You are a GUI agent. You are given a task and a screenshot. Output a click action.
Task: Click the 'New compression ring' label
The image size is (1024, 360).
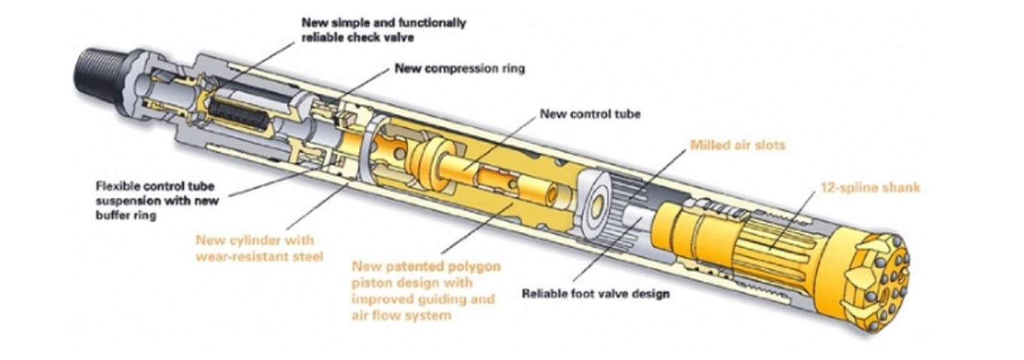pos(459,69)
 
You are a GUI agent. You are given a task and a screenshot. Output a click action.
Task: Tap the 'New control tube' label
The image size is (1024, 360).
pos(590,114)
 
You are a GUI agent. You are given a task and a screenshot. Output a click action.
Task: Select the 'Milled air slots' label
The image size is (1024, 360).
pos(737,145)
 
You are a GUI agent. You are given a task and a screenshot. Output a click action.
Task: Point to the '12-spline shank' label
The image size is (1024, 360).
pos(870,188)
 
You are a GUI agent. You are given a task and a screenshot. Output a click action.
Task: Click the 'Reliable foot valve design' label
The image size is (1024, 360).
pos(596,293)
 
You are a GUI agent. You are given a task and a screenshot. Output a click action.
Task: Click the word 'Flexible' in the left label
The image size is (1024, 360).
pos(117,186)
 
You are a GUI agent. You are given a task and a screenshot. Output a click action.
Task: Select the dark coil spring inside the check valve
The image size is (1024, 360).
pos(238,115)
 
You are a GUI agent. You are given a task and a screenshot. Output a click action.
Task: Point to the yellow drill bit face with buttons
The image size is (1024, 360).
pos(885,284)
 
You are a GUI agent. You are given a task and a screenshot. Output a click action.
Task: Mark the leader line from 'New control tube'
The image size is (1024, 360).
pos(498,143)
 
